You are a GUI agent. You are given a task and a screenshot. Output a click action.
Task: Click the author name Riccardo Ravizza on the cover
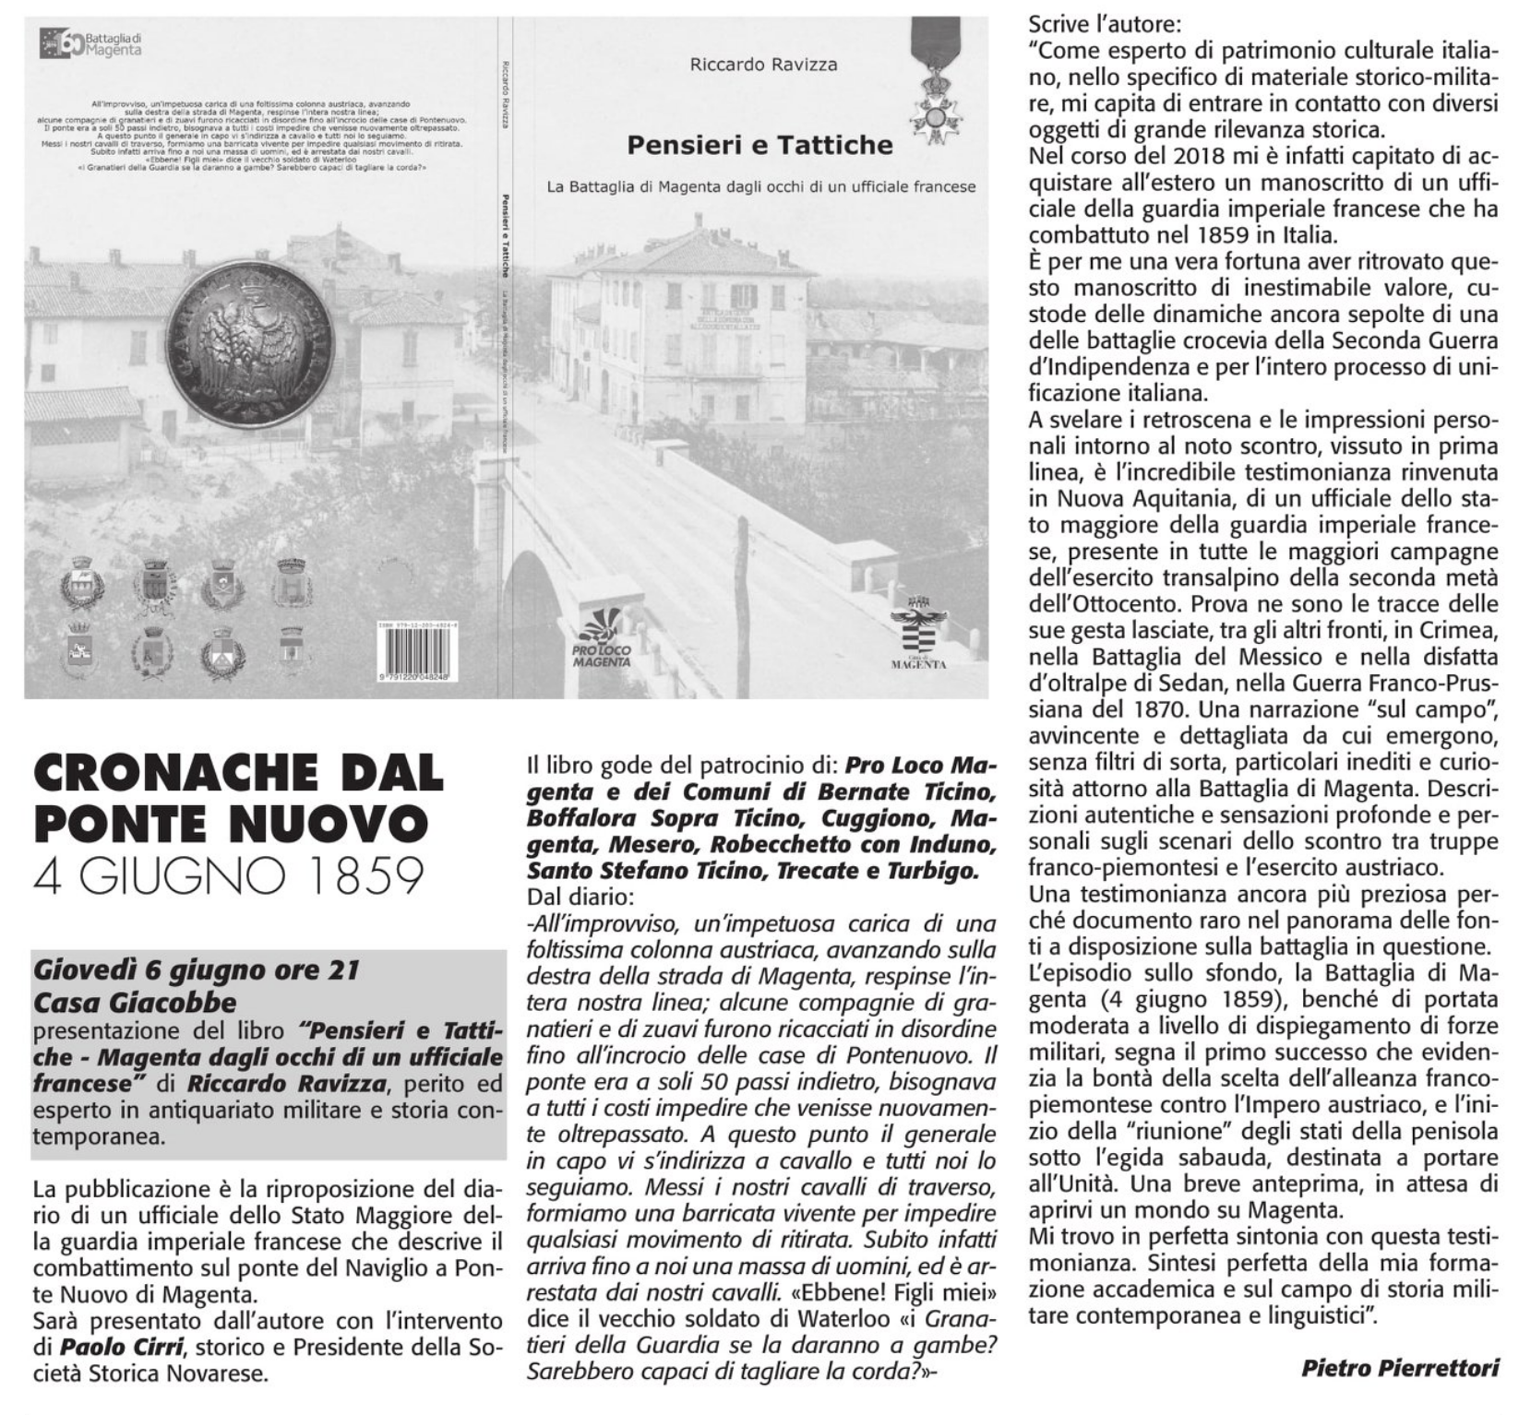click(763, 65)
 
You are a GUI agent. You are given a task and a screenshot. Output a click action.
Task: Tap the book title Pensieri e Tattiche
click(759, 145)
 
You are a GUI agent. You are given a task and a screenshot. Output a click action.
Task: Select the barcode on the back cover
click(421, 657)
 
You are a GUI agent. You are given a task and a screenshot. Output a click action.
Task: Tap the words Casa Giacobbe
click(136, 1002)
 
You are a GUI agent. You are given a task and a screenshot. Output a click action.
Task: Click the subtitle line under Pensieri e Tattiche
click(760, 186)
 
